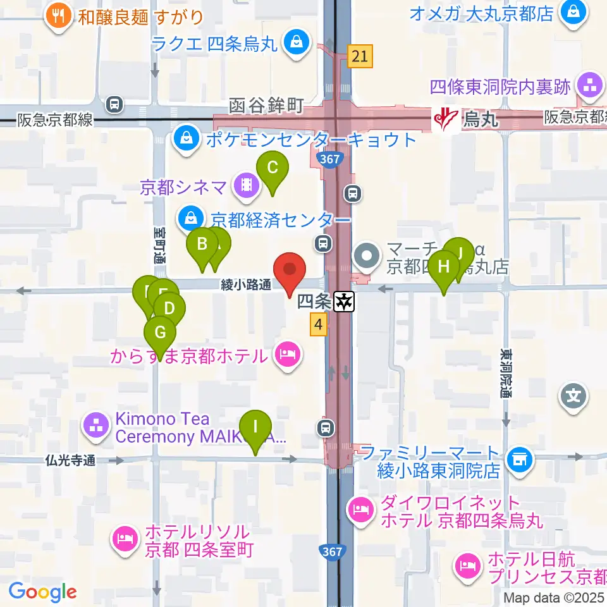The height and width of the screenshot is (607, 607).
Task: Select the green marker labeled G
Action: (160, 333)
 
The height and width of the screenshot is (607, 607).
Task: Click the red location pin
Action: (290, 271)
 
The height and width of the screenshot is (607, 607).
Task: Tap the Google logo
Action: (42, 592)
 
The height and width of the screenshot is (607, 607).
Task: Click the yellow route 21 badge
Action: (360, 57)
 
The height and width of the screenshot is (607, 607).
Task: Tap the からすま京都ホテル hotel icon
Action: (288, 353)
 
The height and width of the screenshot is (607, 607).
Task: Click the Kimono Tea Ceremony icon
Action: (97, 427)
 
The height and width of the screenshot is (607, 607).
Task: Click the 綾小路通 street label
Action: (246, 286)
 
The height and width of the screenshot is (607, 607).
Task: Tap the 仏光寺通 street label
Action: (70, 461)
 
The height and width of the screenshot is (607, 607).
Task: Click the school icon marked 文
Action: (573, 396)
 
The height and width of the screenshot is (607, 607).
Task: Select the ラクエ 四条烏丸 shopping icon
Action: (295, 43)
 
